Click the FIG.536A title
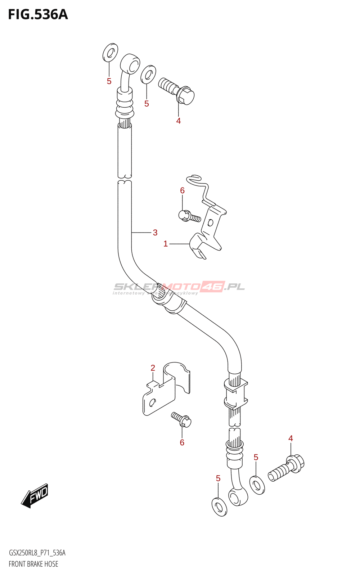38,14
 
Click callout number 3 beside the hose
155,233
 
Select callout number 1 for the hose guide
166,244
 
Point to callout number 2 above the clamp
153,368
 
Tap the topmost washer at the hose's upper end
110,52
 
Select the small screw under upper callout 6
189,216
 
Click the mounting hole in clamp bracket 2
152,402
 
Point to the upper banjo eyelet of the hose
130,64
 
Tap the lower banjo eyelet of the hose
238,497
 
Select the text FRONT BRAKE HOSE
33,564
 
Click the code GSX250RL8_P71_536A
37,553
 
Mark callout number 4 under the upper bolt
178,121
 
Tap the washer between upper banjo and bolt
148,74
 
